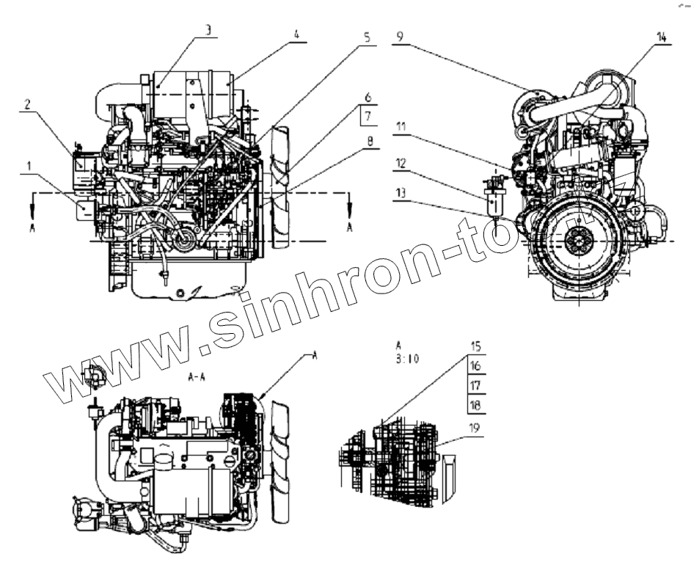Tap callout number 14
click(662, 37)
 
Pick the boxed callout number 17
click(475, 384)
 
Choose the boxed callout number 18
click(475, 404)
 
